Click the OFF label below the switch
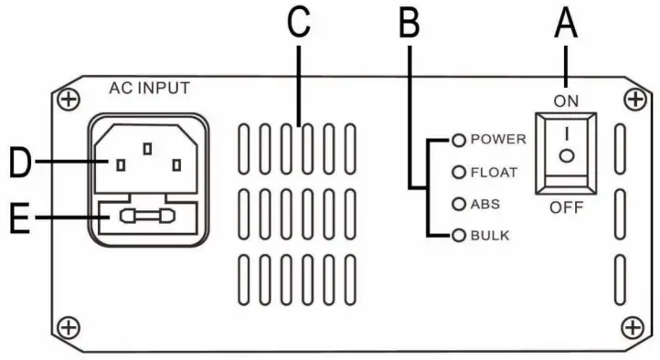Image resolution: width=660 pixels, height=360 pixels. pyautogui.click(x=567, y=207)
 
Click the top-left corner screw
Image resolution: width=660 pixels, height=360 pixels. pyautogui.click(x=65, y=97)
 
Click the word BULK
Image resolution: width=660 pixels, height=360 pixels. pyautogui.click(x=490, y=236)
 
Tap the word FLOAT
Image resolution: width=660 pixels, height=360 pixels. pyautogui.click(x=495, y=171)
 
